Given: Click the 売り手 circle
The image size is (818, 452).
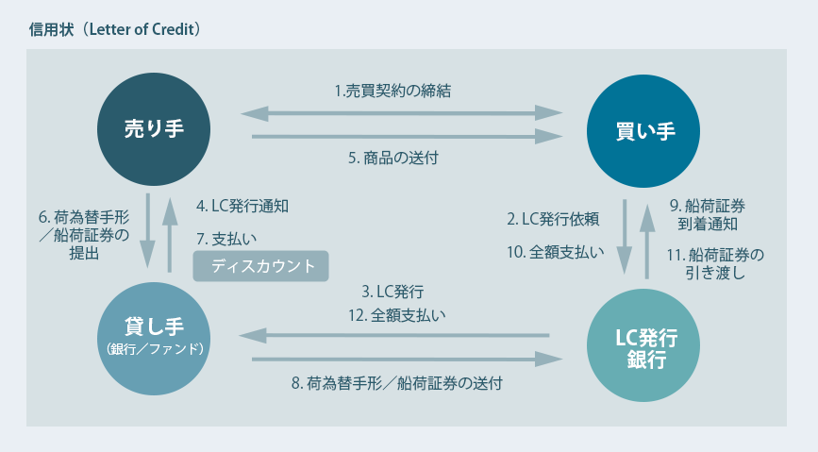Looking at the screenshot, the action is click(x=154, y=129).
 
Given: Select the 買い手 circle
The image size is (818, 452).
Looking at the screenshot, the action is click(x=643, y=131).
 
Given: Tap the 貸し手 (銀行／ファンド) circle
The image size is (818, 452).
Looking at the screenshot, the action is click(x=154, y=339).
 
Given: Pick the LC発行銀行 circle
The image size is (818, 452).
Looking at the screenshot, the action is click(x=643, y=345).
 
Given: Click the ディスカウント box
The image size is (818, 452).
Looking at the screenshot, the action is click(x=260, y=266).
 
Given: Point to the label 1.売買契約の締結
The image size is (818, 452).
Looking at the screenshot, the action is click(x=392, y=92).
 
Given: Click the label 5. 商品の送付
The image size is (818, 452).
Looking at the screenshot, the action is click(x=393, y=158).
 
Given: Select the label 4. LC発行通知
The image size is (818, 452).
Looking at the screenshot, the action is click(x=242, y=206).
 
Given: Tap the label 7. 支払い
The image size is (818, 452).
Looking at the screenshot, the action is click(x=226, y=239).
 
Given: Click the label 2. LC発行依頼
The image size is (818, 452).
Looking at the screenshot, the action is click(x=553, y=219).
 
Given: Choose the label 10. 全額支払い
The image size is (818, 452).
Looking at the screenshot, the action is click(x=556, y=253).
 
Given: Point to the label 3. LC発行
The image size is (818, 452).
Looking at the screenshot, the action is click(x=392, y=292).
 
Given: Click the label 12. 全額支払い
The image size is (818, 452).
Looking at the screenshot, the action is click(x=397, y=315).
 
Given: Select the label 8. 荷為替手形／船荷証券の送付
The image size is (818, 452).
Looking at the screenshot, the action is click(x=397, y=384).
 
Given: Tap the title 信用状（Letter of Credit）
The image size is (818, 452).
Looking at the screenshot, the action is click(x=115, y=29).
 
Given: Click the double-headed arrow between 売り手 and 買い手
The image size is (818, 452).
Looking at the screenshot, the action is click(x=401, y=113).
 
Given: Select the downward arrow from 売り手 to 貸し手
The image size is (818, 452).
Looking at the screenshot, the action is click(x=147, y=230).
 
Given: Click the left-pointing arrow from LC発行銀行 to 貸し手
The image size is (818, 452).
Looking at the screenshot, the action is click(x=394, y=336).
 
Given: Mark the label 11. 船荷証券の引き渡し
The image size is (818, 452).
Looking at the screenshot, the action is click(x=715, y=264).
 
